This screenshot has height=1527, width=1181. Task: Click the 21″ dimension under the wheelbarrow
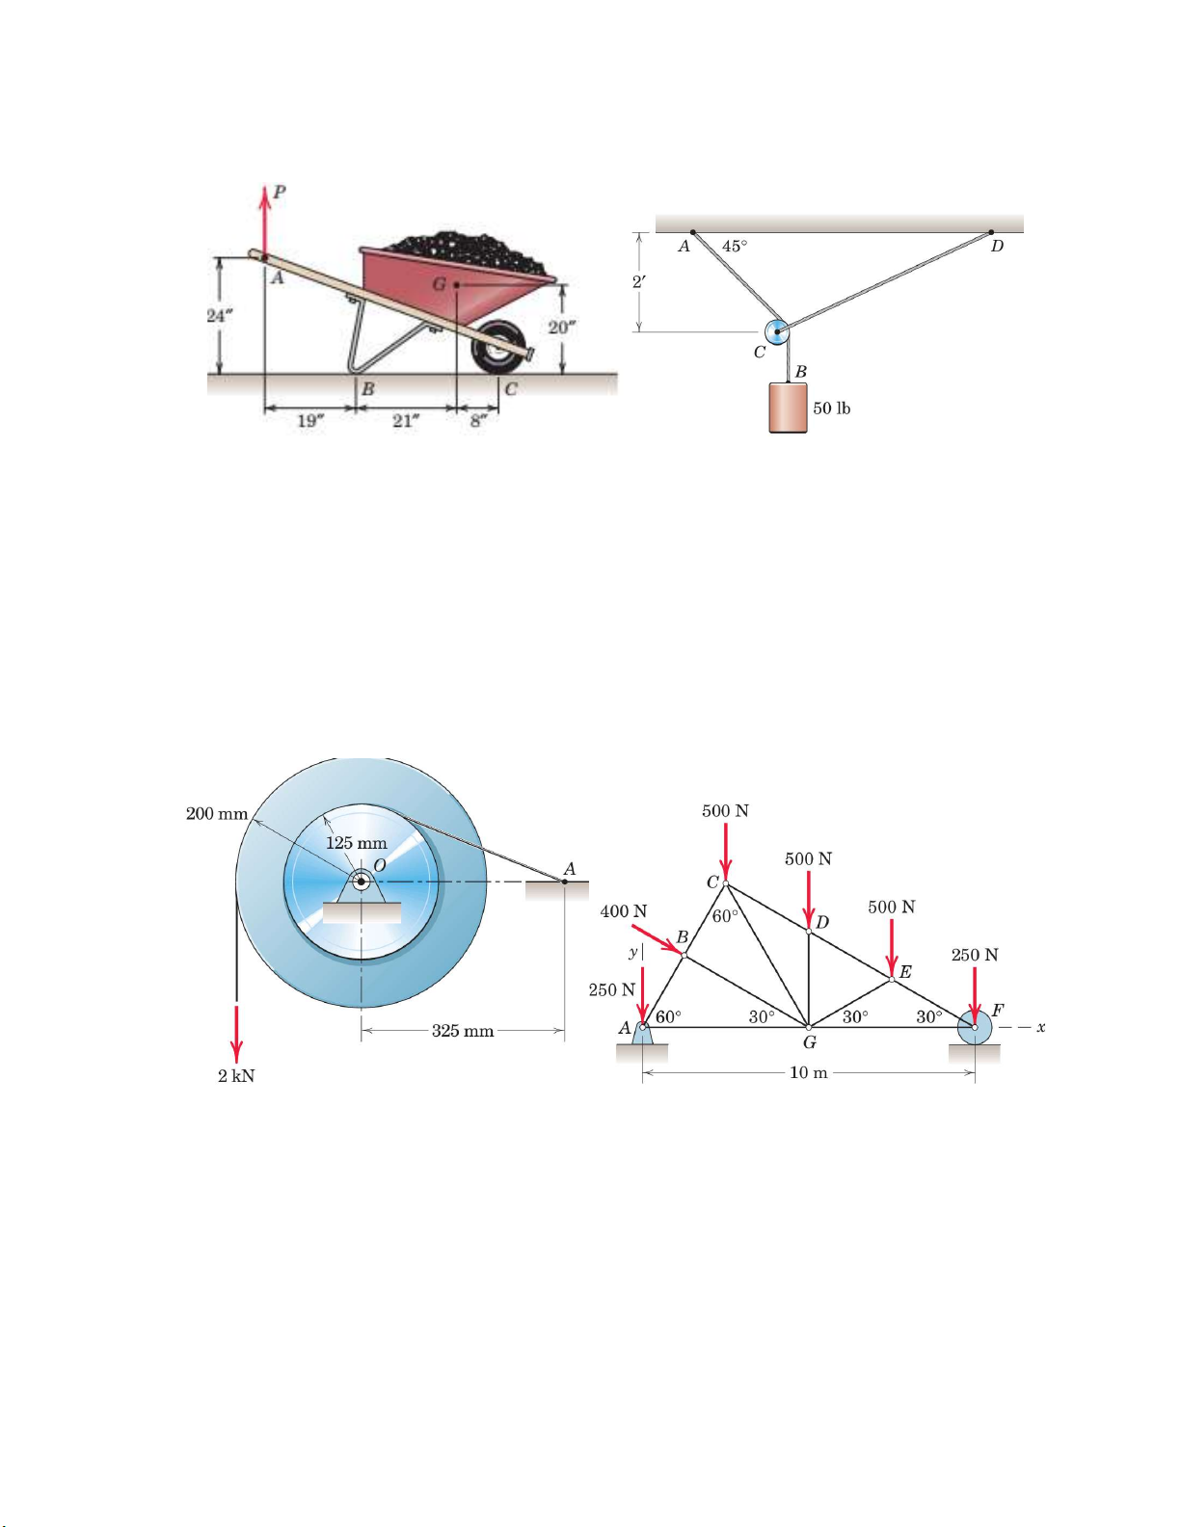406,421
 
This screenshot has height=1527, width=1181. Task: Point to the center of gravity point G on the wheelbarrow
456,284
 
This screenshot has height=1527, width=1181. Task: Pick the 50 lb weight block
788,408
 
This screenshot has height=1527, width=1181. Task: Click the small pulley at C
777,331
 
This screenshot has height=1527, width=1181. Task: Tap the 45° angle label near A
735,246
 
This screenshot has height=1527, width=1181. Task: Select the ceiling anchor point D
991,232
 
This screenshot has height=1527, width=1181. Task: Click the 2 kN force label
236,1076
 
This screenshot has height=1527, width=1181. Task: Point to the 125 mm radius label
357,843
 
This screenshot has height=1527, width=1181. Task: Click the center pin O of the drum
362,882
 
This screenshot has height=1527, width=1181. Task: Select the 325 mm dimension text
463,1031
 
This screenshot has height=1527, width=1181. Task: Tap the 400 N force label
624,911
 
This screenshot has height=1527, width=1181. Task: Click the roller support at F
975,1028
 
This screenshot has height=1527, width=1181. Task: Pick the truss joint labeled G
809,1027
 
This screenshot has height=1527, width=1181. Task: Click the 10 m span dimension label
809,1073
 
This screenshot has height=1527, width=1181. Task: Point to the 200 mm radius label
217,814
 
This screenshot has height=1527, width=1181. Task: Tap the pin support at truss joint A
642,1035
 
